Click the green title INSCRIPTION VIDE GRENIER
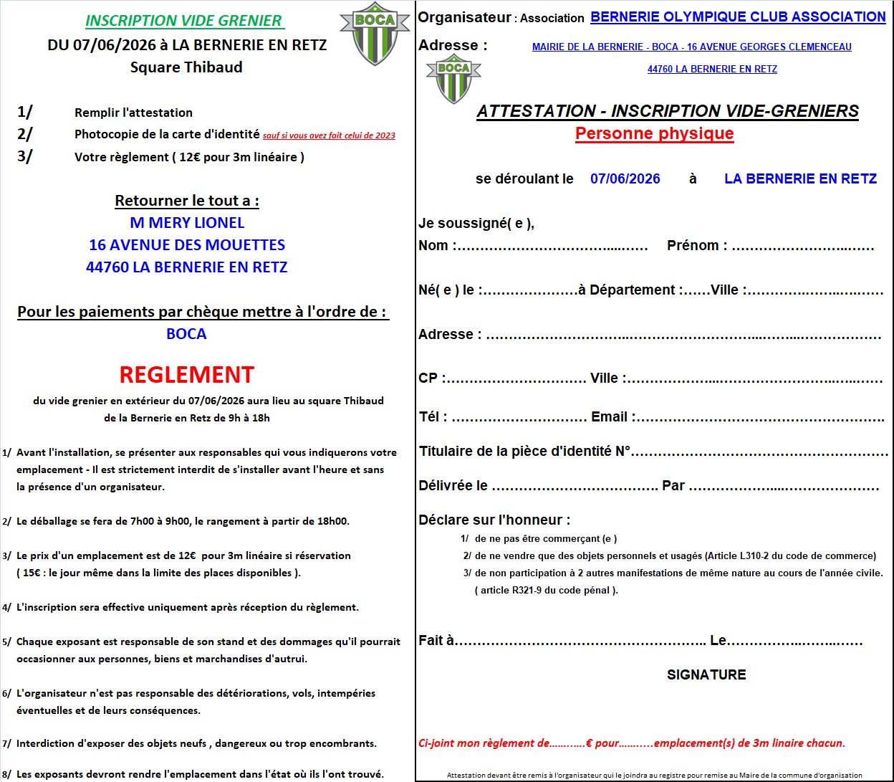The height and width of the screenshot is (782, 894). pyautogui.click(x=183, y=21)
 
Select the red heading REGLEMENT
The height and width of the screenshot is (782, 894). pyautogui.click(x=186, y=375)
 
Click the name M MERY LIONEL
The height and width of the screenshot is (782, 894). pyautogui.click(x=187, y=223)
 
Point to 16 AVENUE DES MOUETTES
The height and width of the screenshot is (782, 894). pyautogui.click(x=187, y=245)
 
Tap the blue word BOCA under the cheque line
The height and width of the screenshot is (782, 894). pyautogui.click(x=186, y=334)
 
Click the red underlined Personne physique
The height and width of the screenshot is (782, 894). pyautogui.click(x=654, y=133)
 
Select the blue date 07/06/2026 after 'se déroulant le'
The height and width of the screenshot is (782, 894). pyautogui.click(x=625, y=179)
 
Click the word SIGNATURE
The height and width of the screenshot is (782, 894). pyautogui.click(x=706, y=674)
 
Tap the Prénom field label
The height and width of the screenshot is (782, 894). pyautogui.click(x=696, y=246)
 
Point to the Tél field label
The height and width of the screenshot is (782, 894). pyautogui.click(x=433, y=417)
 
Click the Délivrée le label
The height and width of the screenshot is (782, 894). pyautogui.click(x=453, y=486)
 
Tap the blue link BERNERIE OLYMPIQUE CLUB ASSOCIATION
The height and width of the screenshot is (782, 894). pyautogui.click(x=738, y=16)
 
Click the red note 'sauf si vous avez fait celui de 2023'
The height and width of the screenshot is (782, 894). pyautogui.click(x=329, y=135)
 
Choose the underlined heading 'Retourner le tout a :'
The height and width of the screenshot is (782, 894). pyautogui.click(x=187, y=201)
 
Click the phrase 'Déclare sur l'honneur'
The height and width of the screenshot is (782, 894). pyautogui.click(x=494, y=520)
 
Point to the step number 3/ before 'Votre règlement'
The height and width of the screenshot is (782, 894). pyautogui.click(x=24, y=156)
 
